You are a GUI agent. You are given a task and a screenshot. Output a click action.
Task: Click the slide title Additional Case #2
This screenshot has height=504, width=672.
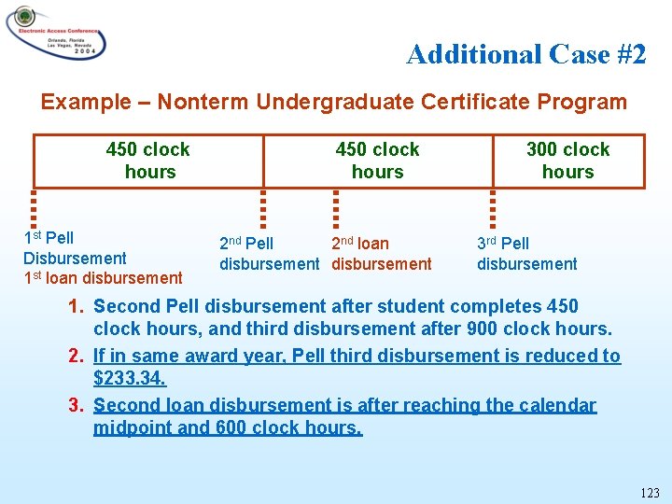[525, 54]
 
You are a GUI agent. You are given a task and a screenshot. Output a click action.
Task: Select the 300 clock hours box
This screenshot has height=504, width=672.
[567, 161]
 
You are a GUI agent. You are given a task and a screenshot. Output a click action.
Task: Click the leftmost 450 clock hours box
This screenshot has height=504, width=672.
[148, 161]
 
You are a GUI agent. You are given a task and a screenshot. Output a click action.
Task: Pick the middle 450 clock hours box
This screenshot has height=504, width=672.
[377, 161]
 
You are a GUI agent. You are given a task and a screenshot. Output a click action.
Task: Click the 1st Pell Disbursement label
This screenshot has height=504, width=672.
[74, 247]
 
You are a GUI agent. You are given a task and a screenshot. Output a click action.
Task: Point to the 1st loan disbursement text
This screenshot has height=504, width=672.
[103, 277]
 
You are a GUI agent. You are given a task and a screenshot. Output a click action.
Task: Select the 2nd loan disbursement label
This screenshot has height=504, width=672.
[381, 254]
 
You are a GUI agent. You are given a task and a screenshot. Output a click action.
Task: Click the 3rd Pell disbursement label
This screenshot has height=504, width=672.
[526, 254]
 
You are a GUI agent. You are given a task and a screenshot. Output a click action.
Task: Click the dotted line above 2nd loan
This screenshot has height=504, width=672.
[335, 210]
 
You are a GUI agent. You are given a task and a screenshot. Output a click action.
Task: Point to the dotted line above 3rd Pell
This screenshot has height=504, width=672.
[493, 210]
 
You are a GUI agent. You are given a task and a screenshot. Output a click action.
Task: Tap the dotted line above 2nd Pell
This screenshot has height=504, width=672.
[263, 210]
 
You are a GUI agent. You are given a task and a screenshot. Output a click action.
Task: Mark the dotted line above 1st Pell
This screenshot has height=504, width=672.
[34, 210]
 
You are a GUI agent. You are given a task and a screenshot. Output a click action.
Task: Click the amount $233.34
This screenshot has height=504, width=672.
[129, 378]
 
